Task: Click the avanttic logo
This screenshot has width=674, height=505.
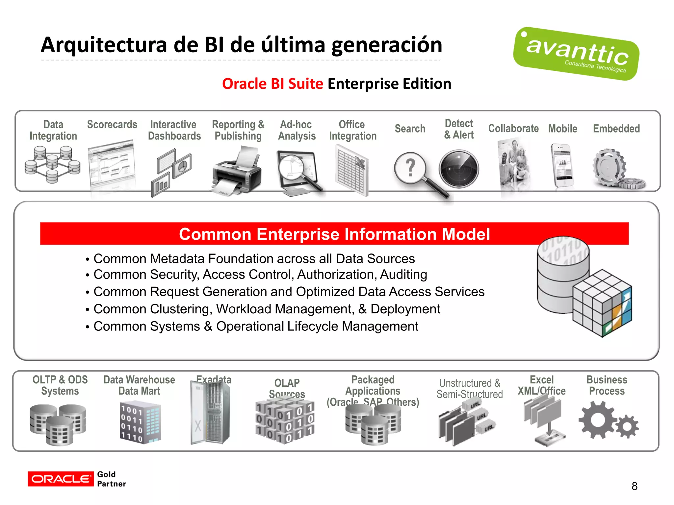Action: click(x=576, y=54)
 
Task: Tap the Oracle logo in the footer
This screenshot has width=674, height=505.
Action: click(x=61, y=479)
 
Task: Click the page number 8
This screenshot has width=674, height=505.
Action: click(x=634, y=486)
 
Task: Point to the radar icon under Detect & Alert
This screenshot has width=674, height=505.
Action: click(x=459, y=169)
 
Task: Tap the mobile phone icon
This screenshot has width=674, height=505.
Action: click(x=562, y=165)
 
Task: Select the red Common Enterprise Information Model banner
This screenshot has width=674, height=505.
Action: click(x=334, y=234)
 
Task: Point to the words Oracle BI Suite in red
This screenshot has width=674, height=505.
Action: click(x=272, y=84)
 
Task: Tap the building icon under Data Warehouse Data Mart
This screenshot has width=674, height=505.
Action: click(x=140, y=422)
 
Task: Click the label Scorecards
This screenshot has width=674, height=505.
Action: click(x=112, y=125)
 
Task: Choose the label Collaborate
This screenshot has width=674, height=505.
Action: click(x=513, y=129)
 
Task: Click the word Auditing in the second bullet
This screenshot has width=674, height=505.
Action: click(x=403, y=275)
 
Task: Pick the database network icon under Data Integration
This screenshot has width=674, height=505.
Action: click(x=52, y=164)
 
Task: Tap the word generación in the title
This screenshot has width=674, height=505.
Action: click(x=387, y=45)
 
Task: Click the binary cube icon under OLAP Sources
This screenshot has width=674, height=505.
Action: click(x=285, y=421)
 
